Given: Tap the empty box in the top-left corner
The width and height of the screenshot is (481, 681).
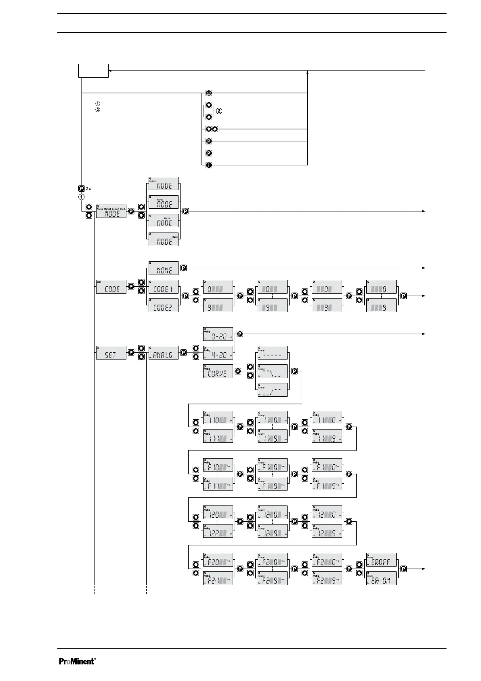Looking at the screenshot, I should (x=93, y=70).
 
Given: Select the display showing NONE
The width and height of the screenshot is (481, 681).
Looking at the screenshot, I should (x=164, y=268).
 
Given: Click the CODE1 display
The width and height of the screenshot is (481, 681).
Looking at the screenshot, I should (x=164, y=287).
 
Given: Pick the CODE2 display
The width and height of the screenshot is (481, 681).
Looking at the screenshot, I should (x=164, y=305).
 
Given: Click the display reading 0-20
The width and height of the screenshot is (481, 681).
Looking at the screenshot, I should (x=218, y=334).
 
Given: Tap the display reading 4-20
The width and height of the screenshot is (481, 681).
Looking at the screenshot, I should (x=218, y=353).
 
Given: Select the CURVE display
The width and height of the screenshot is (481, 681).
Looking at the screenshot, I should (x=218, y=371).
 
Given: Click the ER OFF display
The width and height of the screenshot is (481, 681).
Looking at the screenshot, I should (x=381, y=560).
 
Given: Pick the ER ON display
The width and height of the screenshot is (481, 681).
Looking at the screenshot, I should (x=381, y=578).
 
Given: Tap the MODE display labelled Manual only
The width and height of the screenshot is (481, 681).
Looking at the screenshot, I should (x=164, y=202).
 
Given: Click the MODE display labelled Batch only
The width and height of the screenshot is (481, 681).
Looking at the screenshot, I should (x=164, y=239).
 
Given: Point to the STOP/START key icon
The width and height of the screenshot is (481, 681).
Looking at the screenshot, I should (x=209, y=93).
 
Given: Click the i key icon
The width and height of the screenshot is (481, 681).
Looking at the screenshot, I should (x=209, y=165).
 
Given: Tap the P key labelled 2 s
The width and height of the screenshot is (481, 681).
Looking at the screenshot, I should (x=81, y=188).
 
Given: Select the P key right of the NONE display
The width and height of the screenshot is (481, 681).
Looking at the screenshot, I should (x=184, y=268).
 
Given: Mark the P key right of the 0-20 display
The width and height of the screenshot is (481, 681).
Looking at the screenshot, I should (x=240, y=334).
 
